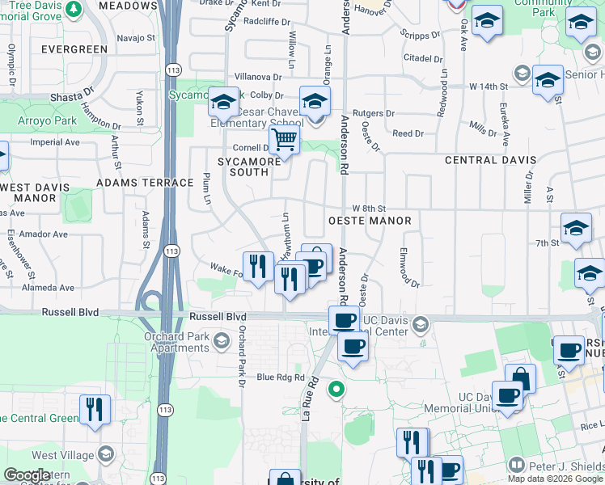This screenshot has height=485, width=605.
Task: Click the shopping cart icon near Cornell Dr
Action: point(284,141)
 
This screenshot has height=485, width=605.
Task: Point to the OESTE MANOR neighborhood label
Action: point(369,221)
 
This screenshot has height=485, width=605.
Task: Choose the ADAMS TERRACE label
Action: point(133,183)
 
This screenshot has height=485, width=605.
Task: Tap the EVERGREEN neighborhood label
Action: point(72,49)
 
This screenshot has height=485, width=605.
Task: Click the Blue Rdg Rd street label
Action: point(281,377)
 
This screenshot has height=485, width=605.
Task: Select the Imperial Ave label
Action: point(55,142)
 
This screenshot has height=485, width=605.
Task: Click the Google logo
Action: point(27,476)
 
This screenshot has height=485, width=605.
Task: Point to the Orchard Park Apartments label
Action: point(176,342)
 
